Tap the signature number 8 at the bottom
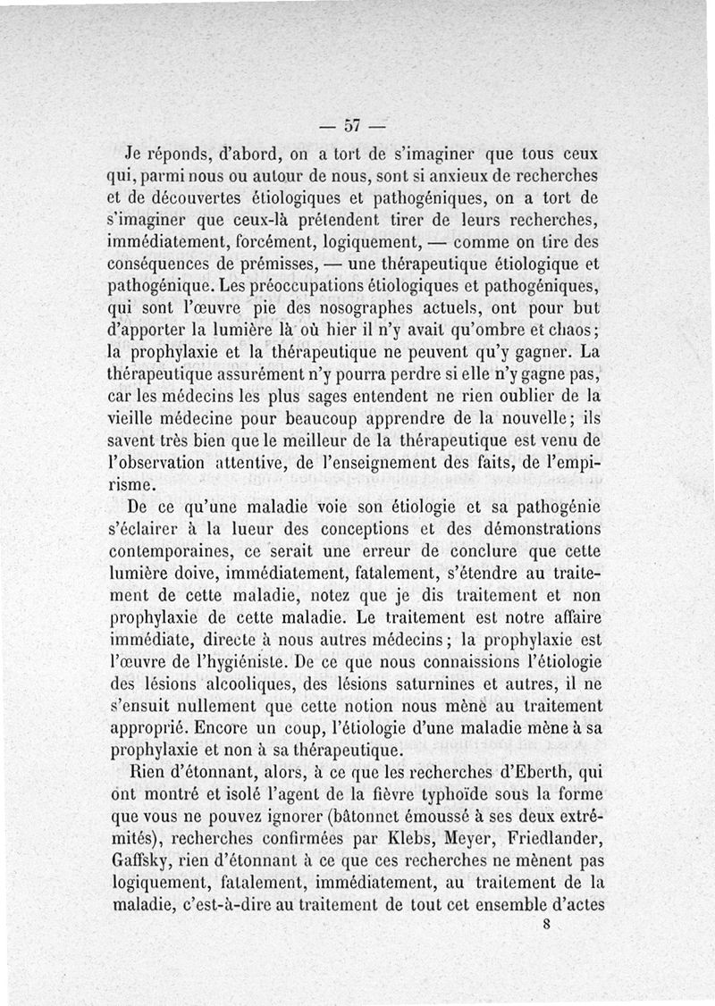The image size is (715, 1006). (x=545, y=926)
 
